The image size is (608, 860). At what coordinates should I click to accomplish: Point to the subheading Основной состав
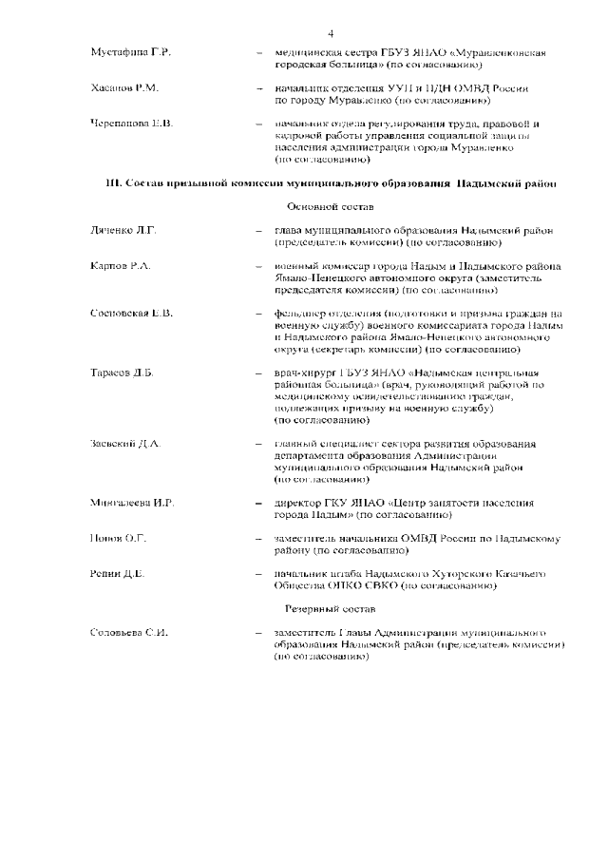pos(330,205)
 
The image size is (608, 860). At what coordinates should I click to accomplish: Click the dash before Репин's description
pos(257,574)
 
